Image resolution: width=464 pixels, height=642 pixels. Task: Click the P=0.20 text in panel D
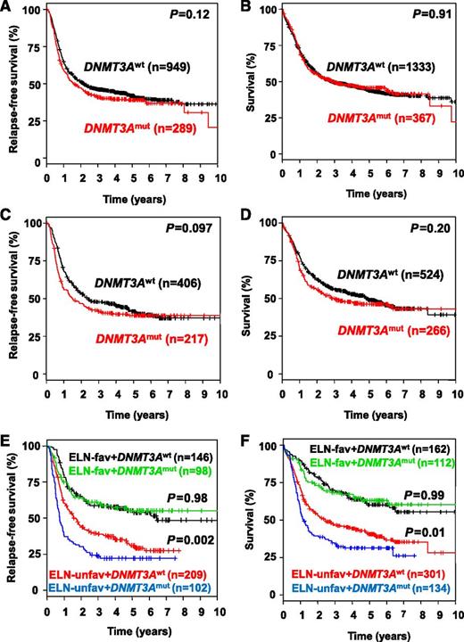tap(430, 228)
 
